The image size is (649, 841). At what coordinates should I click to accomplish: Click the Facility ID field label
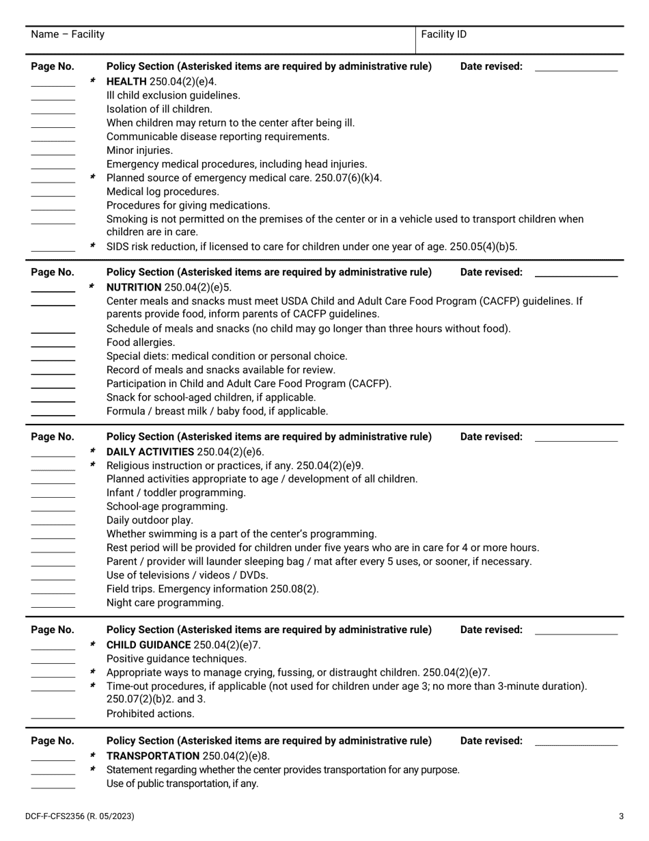point(444,34)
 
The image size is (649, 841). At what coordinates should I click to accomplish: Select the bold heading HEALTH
point(127,81)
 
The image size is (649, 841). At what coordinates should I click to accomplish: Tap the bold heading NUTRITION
point(135,287)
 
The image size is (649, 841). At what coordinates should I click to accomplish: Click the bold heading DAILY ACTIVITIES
point(150,452)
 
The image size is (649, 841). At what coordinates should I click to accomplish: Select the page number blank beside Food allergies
point(53,345)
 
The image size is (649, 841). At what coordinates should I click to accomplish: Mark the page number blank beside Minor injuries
point(53,154)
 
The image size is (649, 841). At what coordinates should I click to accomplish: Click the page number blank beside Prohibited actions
point(53,717)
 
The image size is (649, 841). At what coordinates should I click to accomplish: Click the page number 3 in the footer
point(621,816)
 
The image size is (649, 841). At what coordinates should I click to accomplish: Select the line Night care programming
point(165,603)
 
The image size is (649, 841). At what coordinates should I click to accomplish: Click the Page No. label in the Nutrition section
point(53,272)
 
